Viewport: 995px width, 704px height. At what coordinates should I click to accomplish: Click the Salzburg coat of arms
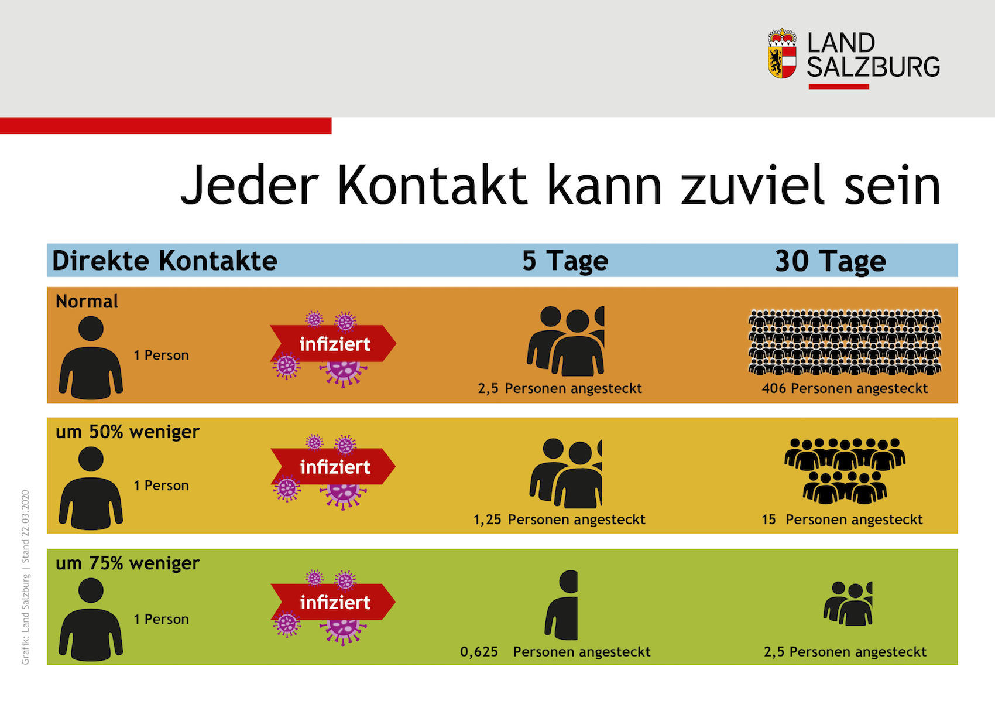(782, 53)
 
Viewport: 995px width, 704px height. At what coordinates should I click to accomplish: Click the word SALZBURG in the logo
(873, 67)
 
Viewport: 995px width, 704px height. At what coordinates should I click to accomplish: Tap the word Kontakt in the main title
(432, 185)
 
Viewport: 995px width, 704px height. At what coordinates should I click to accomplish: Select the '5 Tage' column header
(565, 261)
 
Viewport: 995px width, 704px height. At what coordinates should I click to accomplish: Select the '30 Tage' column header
(830, 261)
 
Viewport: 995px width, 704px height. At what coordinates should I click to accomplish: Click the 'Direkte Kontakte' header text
(164, 261)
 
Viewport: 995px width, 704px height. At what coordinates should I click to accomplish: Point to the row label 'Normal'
(87, 301)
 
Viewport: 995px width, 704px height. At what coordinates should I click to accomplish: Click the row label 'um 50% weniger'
(128, 432)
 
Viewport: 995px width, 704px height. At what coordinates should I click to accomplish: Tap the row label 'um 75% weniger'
(128, 563)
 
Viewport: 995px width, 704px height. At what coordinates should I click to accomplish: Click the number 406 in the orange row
(774, 388)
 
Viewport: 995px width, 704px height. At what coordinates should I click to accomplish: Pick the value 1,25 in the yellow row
(488, 520)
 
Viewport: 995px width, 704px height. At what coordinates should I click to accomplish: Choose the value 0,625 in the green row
(479, 652)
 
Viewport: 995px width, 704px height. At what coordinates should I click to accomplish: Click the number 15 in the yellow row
(768, 520)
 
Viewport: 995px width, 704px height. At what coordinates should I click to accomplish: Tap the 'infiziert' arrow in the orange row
(333, 344)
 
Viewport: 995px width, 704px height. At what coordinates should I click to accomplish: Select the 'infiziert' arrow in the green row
(333, 602)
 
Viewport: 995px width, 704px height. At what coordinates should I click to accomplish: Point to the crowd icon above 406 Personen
(845, 343)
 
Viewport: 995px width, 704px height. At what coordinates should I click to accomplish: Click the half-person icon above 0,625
(561, 605)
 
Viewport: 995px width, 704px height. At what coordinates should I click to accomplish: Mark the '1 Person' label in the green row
(161, 619)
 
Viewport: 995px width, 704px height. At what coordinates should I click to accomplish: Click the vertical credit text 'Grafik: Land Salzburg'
(26, 620)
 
